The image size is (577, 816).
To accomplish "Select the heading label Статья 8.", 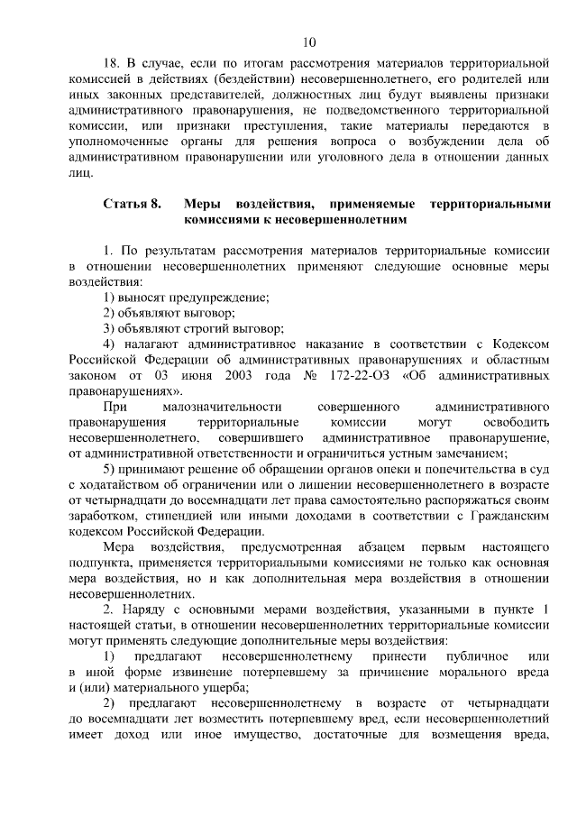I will point(133,204).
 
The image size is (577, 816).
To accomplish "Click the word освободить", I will point(515,422).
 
